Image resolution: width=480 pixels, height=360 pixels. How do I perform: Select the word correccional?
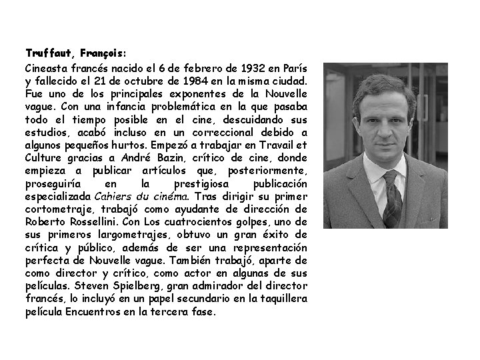click(237, 132)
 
